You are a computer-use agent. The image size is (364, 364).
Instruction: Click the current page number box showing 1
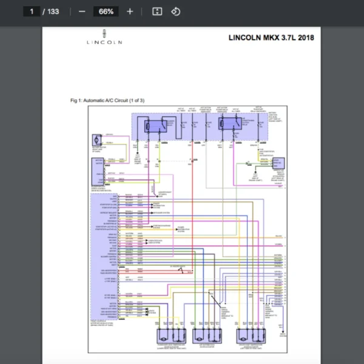pyautogui.click(x=31, y=12)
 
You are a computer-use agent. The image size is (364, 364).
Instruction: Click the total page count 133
pyautogui.click(x=53, y=12)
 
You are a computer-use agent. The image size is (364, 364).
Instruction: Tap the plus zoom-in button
pyautogui.click(x=130, y=12)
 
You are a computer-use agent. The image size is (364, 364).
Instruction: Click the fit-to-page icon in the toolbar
pyautogui.click(x=157, y=12)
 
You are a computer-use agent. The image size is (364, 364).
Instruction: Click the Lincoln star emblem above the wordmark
pyautogui.click(x=104, y=33)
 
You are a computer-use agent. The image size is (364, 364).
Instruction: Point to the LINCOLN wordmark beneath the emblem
pyautogui.click(x=104, y=42)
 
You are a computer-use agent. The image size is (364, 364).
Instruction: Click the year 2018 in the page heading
pyautogui.click(x=305, y=38)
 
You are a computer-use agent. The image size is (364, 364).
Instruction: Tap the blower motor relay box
pyautogui.click(x=155, y=126)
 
